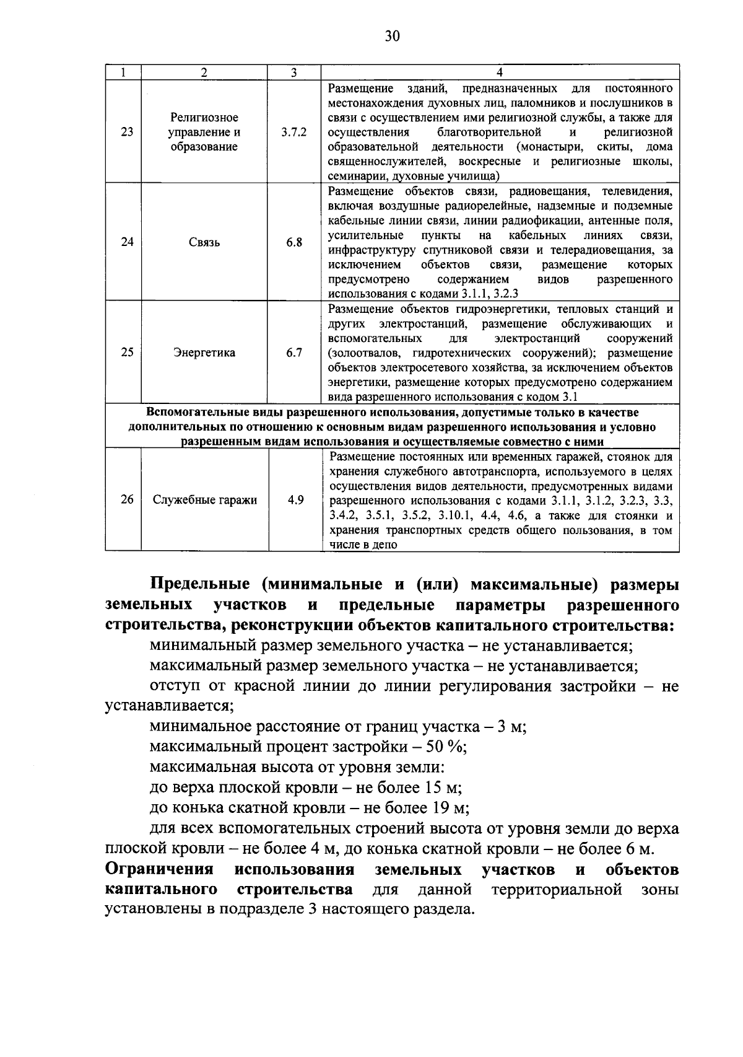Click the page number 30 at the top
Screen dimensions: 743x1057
392,36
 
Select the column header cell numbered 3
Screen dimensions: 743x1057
294,72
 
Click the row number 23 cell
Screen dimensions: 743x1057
127,132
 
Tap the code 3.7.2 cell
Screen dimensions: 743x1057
294,132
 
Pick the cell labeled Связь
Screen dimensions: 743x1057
204,242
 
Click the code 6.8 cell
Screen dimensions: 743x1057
294,242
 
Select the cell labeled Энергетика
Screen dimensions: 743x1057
204,353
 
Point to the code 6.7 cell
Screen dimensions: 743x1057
294,353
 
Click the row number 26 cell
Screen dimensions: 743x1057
127,499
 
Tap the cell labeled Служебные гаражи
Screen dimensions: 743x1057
204,500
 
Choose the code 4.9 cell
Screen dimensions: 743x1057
295,499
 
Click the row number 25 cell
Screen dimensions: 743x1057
127,353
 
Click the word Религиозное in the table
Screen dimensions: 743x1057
204,117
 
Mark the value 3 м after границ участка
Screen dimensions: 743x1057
511,726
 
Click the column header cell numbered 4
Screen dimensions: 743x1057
500,72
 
